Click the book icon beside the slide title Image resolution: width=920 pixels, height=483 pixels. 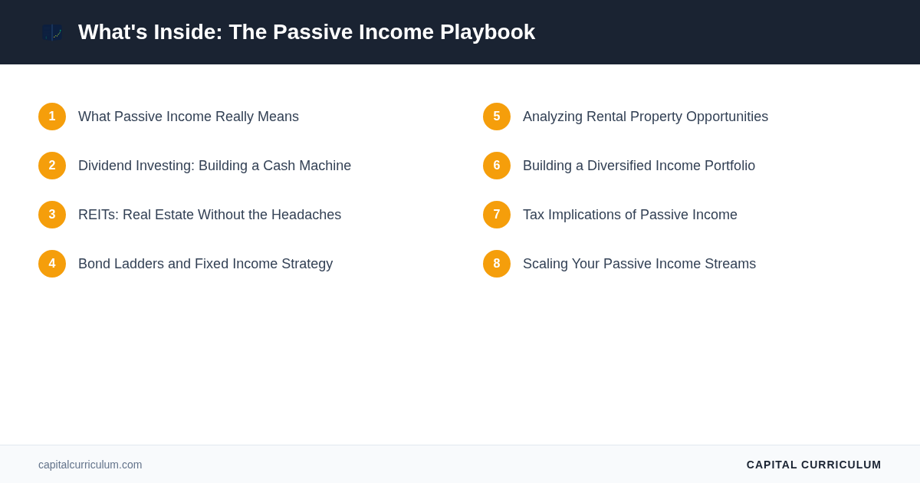pyautogui.click(x=52, y=32)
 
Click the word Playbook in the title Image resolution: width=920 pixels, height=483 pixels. pyautogui.click(x=488, y=32)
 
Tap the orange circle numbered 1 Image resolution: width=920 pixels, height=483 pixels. pyautogui.click(x=52, y=117)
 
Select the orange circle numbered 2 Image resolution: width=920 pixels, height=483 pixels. pyautogui.click(x=52, y=166)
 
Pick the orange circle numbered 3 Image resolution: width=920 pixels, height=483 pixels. pyautogui.click(x=52, y=215)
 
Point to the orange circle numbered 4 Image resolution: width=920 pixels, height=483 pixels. pyautogui.click(x=52, y=264)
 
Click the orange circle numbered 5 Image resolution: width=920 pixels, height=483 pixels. pyautogui.click(x=497, y=117)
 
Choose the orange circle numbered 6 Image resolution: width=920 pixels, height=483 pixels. pyautogui.click(x=497, y=166)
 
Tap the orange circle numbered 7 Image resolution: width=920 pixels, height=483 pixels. pyautogui.click(x=497, y=215)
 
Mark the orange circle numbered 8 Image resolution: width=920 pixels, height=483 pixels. pyautogui.click(x=497, y=264)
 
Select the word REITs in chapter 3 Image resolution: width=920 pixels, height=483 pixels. pyautogui.click(x=98, y=215)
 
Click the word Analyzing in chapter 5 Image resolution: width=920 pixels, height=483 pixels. pyautogui.click(x=553, y=117)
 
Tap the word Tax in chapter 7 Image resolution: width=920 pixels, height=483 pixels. pyautogui.click(x=534, y=215)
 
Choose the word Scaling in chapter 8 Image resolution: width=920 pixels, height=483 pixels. pyautogui.click(x=545, y=264)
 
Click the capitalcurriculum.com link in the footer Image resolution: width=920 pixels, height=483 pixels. pyautogui.click(x=90, y=465)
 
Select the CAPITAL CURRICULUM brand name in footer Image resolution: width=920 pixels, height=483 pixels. pyautogui.click(x=813, y=465)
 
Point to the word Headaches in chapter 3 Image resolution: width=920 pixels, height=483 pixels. pyautogui.click(x=306, y=215)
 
